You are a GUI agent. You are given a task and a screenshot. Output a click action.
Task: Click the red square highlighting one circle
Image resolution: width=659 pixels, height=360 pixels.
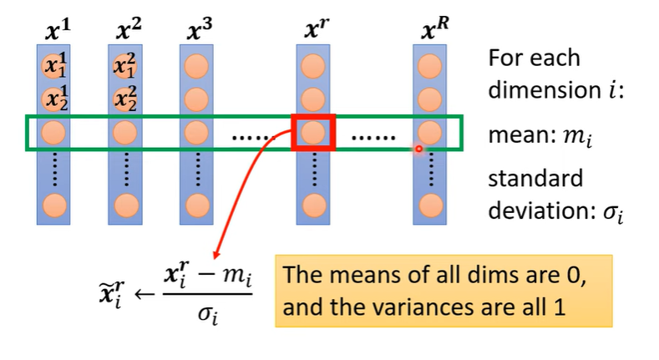[312, 132]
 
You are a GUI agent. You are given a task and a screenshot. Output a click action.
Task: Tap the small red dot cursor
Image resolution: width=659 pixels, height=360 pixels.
[419, 150]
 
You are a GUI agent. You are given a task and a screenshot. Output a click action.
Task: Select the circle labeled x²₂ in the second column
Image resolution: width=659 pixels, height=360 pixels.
[125, 99]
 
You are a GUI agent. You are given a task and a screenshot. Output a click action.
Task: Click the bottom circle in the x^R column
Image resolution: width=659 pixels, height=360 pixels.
[429, 202]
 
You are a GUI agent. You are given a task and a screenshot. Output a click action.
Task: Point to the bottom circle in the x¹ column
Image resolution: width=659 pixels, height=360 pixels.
[53, 202]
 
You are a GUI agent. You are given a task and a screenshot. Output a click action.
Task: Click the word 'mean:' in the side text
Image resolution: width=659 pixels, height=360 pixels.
[515, 132]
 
